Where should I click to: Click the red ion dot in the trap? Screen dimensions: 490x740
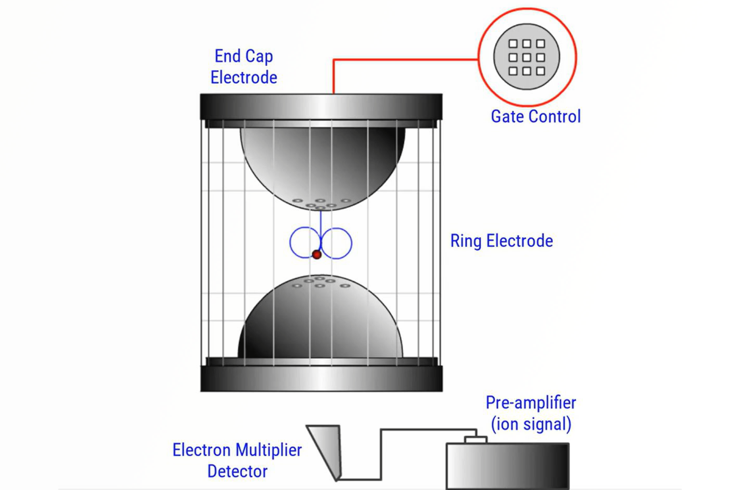point(316,254)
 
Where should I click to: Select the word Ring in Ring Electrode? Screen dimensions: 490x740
point(466,241)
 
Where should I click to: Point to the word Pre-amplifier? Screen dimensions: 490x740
point(530,403)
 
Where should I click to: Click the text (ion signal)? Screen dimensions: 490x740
point(531,424)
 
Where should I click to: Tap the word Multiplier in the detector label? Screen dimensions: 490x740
point(269,450)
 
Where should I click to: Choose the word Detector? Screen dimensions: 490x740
point(237,472)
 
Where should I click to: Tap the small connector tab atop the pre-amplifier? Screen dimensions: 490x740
point(475,440)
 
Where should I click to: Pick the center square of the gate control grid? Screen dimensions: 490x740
point(526,57)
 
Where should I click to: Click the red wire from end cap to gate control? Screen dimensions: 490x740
point(402,60)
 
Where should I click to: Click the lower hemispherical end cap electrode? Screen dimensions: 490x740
point(320,324)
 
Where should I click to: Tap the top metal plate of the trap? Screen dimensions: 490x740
point(321,106)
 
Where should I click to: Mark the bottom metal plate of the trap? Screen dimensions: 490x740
point(321,379)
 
